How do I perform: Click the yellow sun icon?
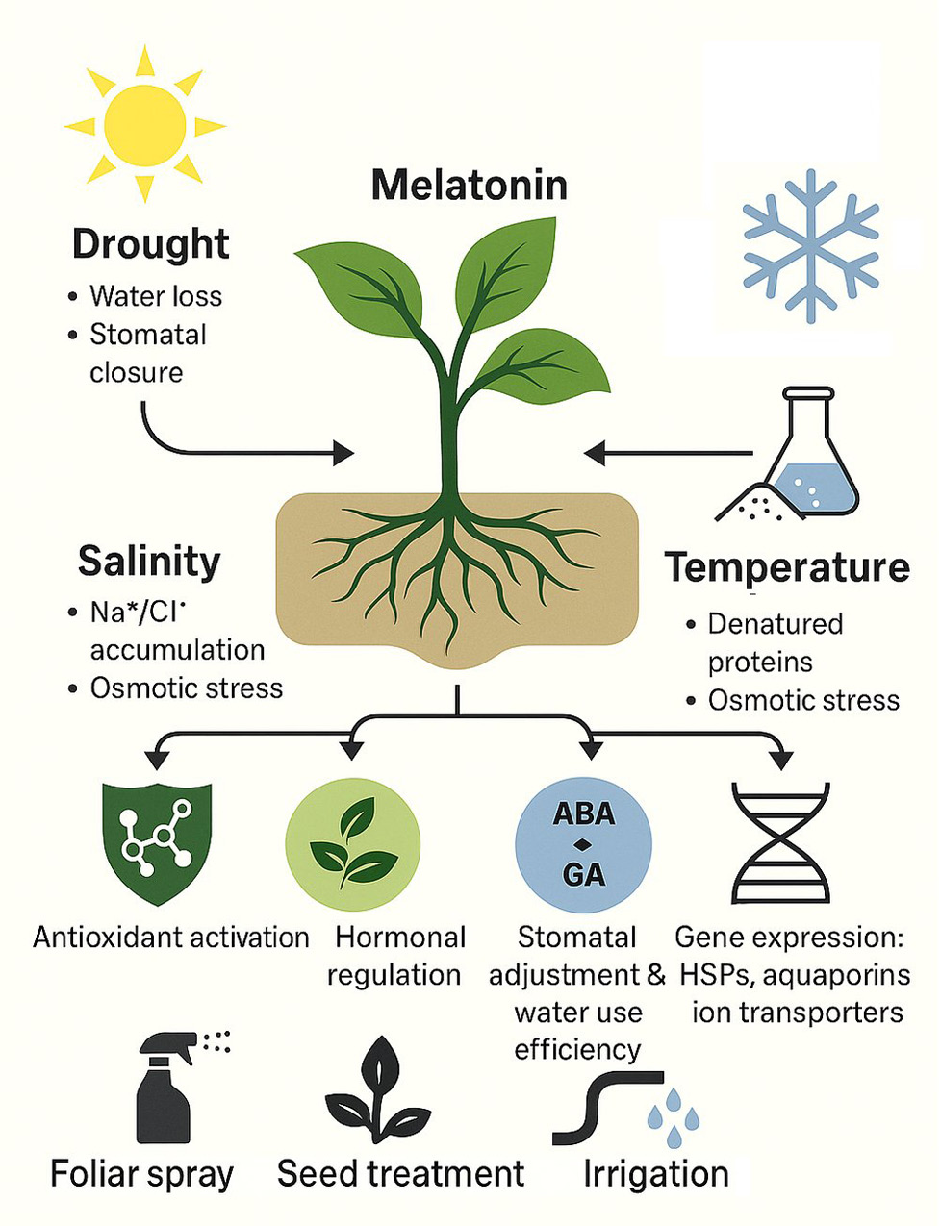(144, 123)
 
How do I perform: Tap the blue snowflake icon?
(810, 244)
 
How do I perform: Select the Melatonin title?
(470, 184)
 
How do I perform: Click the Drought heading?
(151, 244)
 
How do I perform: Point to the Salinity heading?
(149, 561)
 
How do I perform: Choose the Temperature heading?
(787, 567)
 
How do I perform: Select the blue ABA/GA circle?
(583, 844)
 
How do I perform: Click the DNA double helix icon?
(780, 842)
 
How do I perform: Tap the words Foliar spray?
(142, 1174)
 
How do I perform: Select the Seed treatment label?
(400, 1174)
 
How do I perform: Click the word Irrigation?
(656, 1174)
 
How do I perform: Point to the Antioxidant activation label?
(171, 937)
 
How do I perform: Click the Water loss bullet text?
(156, 296)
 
